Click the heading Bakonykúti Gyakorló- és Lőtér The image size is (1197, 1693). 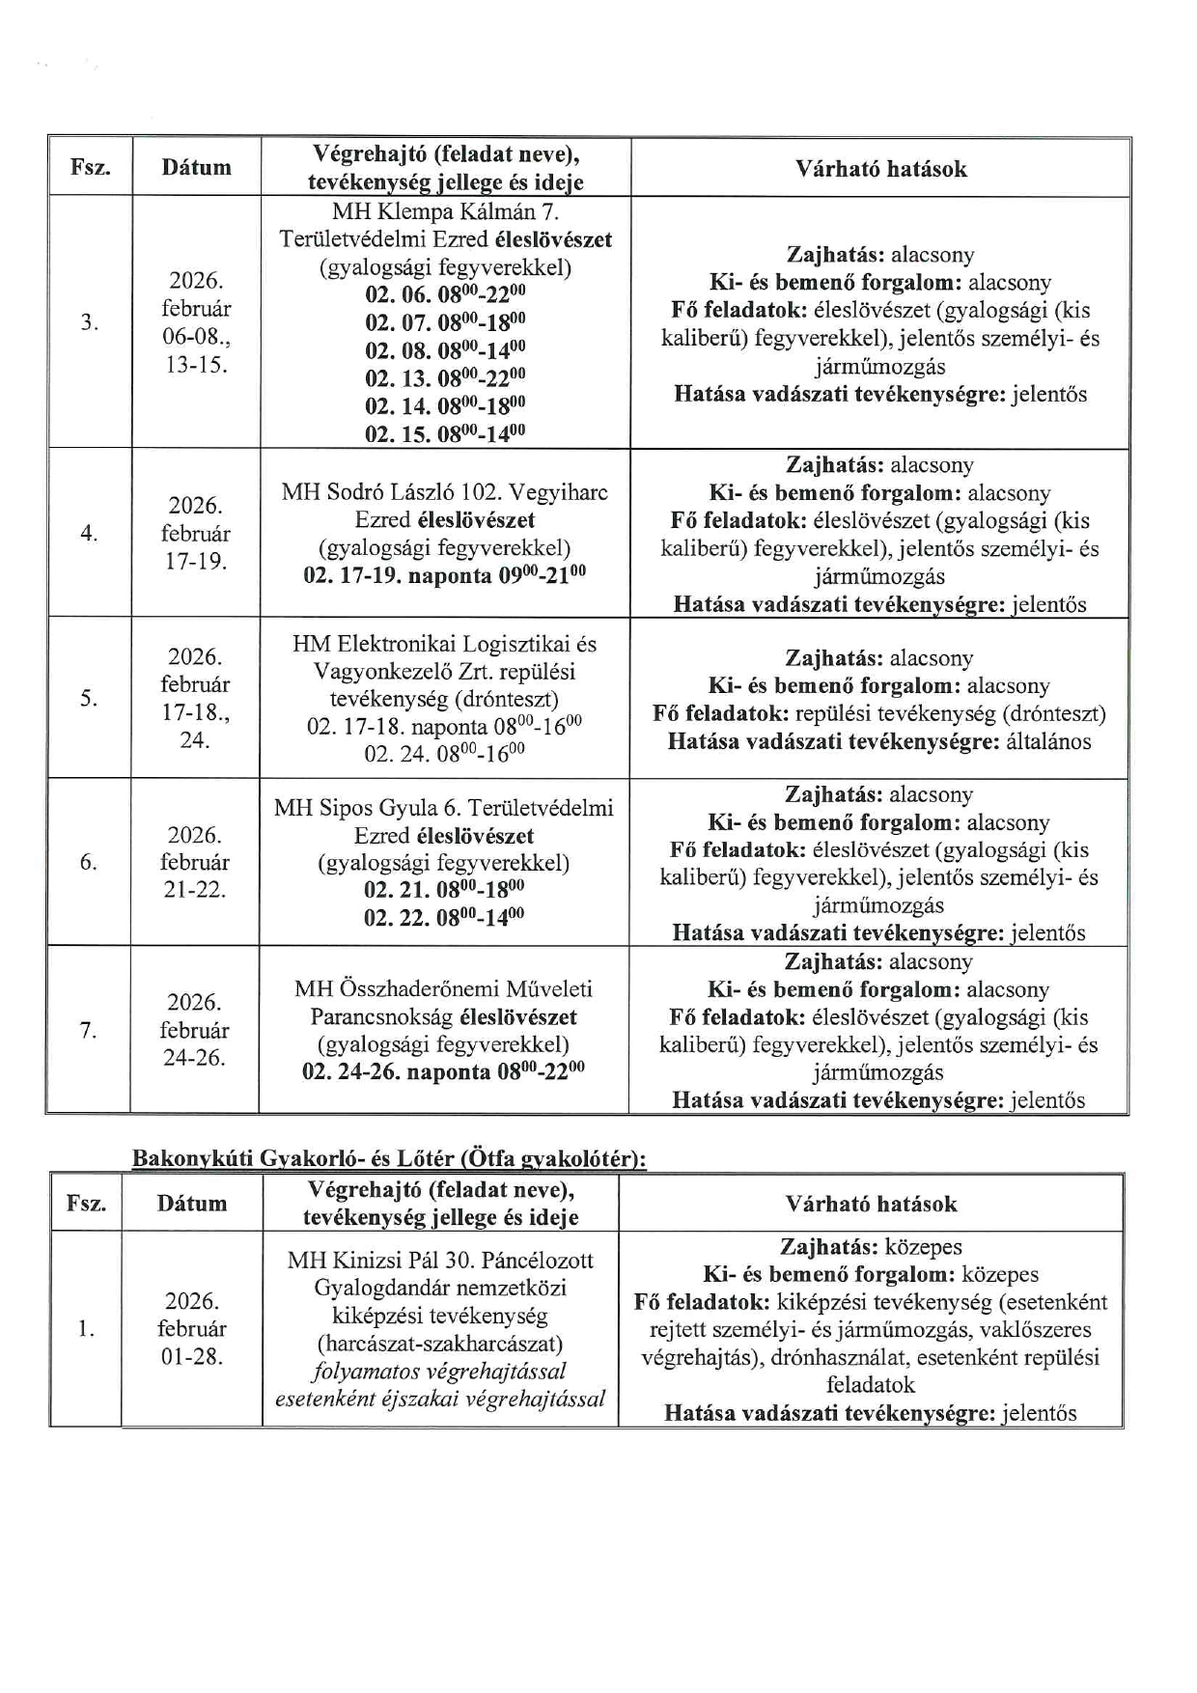point(388,1158)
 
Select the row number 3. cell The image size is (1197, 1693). point(89,322)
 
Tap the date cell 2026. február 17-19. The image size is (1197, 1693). point(195,533)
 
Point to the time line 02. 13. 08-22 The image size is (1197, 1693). point(445,377)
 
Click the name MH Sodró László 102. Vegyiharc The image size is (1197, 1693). point(445,492)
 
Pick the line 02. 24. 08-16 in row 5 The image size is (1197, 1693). point(444,753)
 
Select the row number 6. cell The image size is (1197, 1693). point(88,862)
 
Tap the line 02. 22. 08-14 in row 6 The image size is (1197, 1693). point(444,917)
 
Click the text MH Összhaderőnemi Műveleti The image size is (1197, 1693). point(444,988)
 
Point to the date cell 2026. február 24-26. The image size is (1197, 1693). point(194,1030)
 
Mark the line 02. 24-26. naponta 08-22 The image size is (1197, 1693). point(444,1072)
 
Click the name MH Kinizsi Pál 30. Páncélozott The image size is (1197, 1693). point(440,1260)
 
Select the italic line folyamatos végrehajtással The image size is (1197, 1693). point(440,1372)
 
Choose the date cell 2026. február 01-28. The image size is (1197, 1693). point(191,1328)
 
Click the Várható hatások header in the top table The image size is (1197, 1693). point(880,168)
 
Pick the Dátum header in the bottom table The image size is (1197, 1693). point(191,1203)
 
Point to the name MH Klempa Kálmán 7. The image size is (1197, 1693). point(445,211)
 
